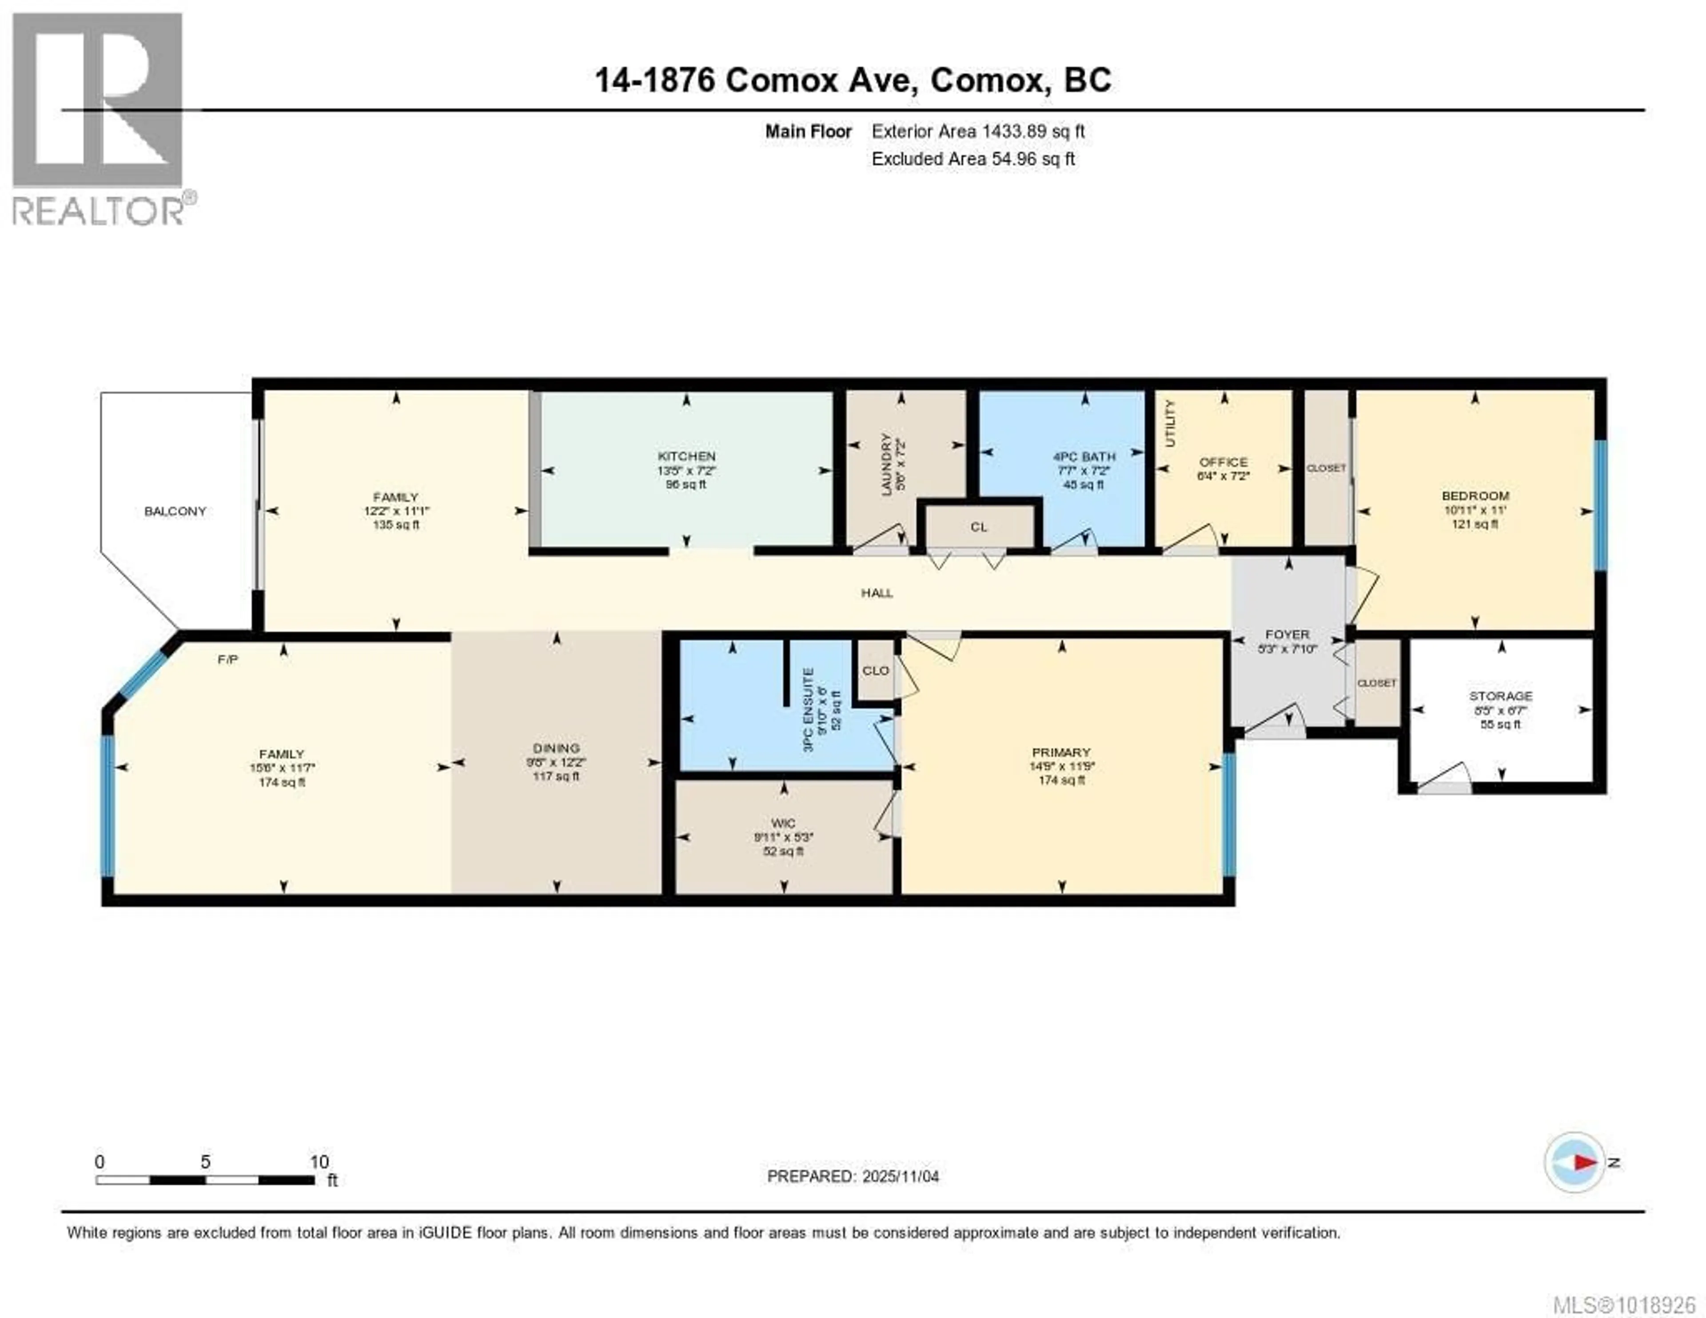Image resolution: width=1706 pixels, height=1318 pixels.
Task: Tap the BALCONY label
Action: tap(175, 511)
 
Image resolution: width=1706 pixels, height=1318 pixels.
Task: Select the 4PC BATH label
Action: tap(1084, 456)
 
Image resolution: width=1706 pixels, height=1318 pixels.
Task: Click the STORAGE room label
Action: tap(1500, 695)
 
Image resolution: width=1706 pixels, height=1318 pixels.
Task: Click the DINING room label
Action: tap(556, 748)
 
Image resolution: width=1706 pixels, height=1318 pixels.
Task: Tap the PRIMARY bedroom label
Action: tap(1061, 752)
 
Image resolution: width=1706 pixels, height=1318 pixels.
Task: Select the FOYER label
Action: tap(1287, 635)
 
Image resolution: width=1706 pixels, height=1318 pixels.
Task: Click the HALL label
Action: tap(877, 593)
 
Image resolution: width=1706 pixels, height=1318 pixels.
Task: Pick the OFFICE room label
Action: tap(1223, 462)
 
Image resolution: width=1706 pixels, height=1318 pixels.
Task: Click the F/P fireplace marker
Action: tap(227, 659)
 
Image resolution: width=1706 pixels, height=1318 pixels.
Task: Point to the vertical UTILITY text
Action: tap(1169, 423)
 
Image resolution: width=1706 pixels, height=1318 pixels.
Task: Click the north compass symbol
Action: tap(1575, 1162)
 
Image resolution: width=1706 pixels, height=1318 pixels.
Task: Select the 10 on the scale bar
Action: tap(319, 1162)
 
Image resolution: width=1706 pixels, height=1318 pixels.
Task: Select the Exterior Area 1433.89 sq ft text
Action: tap(978, 131)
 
